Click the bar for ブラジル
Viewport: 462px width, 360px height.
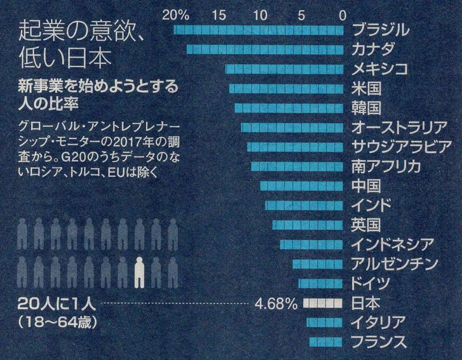pyautogui.click(x=260, y=30)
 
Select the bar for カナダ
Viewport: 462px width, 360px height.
pyautogui.click(x=266, y=50)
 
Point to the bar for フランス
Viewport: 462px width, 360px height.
pyautogui.click(x=327, y=342)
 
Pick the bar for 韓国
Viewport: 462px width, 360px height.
pyautogui.click(x=290, y=107)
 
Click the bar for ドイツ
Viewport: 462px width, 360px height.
pyautogui.click(x=322, y=283)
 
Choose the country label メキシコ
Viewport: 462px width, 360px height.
pyautogui.click(x=379, y=69)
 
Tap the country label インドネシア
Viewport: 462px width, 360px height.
pyautogui.click(x=393, y=244)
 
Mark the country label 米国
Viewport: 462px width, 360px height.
pyautogui.click(x=365, y=88)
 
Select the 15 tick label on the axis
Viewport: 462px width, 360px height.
pyautogui.click(x=221, y=13)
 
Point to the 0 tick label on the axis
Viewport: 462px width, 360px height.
pyautogui.click(x=343, y=13)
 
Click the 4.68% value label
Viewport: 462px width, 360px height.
pyautogui.click(x=275, y=303)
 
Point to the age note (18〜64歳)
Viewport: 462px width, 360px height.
pyautogui.click(x=58, y=321)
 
